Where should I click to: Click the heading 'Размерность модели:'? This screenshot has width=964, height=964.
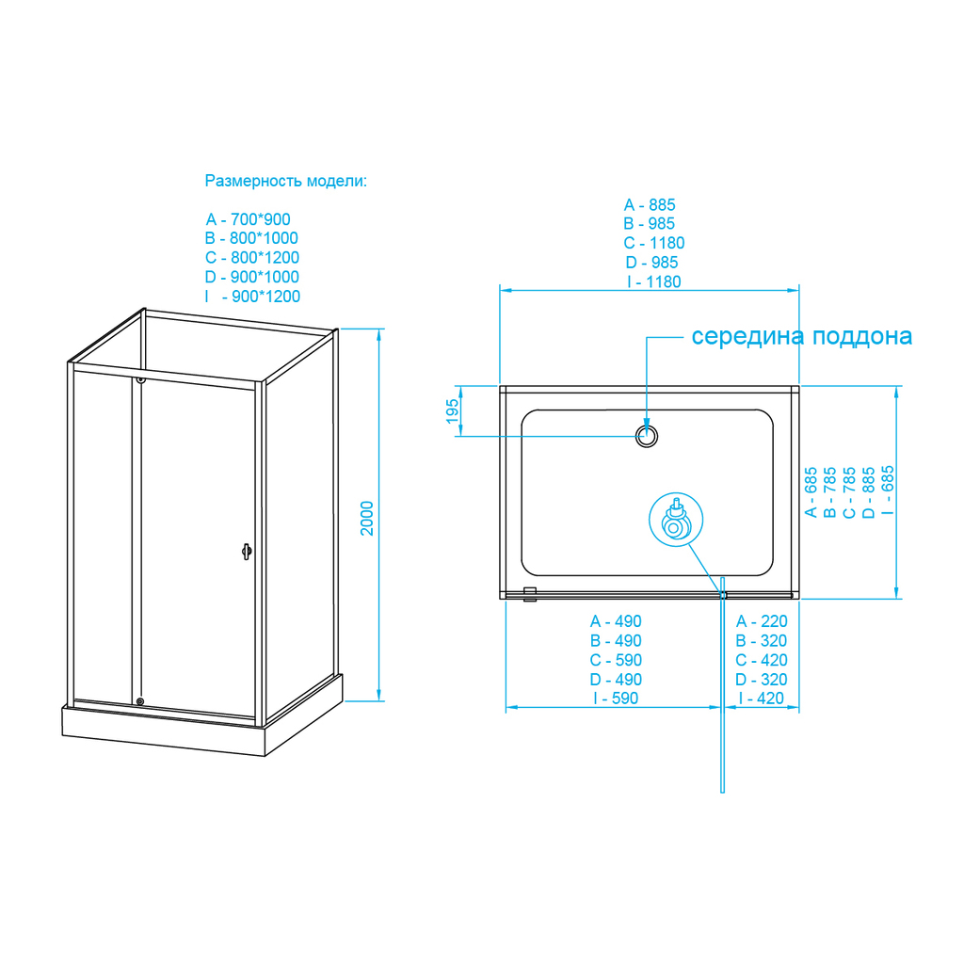(x=286, y=181)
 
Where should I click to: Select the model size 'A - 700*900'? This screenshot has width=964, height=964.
(x=249, y=220)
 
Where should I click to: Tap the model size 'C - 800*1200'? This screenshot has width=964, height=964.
(x=252, y=258)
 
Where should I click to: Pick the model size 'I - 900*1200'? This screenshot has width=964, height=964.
(x=252, y=297)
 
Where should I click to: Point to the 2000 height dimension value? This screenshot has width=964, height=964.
(x=368, y=518)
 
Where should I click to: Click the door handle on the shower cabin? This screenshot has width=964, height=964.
(x=247, y=552)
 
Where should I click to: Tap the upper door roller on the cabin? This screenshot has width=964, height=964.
(x=140, y=379)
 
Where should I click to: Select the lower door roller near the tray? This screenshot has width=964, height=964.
(x=140, y=700)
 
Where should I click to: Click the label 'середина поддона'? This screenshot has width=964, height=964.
(x=801, y=337)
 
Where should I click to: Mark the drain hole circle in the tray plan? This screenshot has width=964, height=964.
(x=647, y=436)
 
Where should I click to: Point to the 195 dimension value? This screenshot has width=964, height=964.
(x=452, y=410)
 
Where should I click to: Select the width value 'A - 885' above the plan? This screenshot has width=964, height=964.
(x=650, y=205)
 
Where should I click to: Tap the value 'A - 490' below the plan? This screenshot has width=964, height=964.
(x=616, y=621)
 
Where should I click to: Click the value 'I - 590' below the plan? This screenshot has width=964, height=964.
(x=616, y=699)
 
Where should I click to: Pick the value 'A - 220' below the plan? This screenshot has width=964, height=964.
(x=762, y=621)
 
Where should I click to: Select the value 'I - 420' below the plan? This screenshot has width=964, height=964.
(x=762, y=699)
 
